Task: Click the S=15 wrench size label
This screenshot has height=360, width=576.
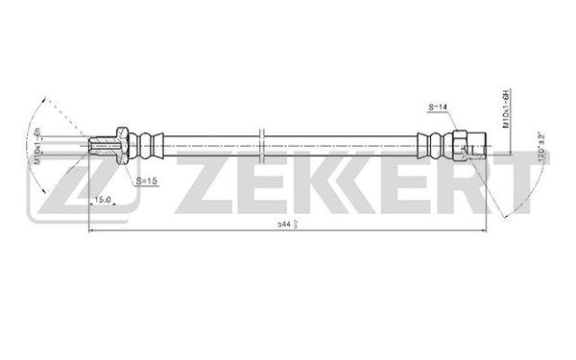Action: pyautogui.click(x=147, y=180)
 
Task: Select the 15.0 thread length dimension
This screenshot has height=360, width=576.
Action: pyautogui.click(x=102, y=200)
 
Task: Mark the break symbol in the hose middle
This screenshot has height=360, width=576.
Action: pyautogui.click(x=260, y=142)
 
